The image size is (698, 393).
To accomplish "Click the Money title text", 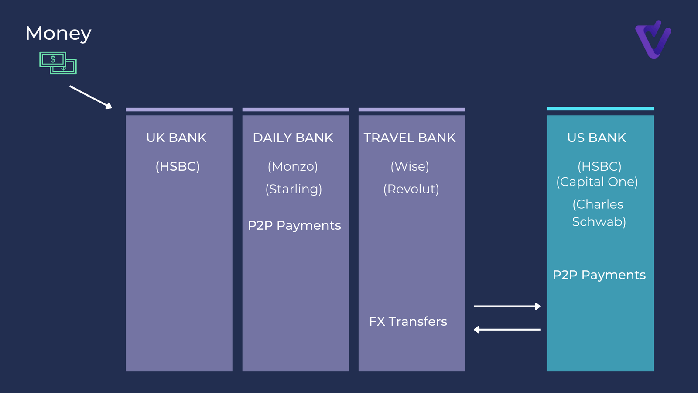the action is (58, 34).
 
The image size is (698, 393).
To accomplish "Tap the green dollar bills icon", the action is (58, 63).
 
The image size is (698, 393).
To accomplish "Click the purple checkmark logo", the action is (653, 39).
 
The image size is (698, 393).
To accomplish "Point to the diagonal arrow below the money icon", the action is (91, 97).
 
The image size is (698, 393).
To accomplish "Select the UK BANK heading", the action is (176, 138).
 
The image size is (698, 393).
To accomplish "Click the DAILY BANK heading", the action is (293, 138).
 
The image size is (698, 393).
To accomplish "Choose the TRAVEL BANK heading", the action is (410, 138).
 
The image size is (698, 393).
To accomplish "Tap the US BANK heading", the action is (596, 138).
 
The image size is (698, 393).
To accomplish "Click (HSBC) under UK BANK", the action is (178, 166).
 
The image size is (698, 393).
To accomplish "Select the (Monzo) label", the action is (293, 166).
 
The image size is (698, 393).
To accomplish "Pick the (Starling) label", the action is (294, 189).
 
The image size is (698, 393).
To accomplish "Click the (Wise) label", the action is (410, 166).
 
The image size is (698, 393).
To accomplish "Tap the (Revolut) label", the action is (411, 189).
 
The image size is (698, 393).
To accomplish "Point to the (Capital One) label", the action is (597, 182).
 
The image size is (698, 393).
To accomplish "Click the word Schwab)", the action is (599, 222).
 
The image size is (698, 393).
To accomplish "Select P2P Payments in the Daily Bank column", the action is (294, 225).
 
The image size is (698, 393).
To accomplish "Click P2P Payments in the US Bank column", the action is (599, 275).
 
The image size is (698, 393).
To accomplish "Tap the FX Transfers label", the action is (408, 321).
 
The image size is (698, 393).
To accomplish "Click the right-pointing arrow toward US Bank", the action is (507, 306).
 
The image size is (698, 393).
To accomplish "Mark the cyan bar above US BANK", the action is (600, 109).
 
